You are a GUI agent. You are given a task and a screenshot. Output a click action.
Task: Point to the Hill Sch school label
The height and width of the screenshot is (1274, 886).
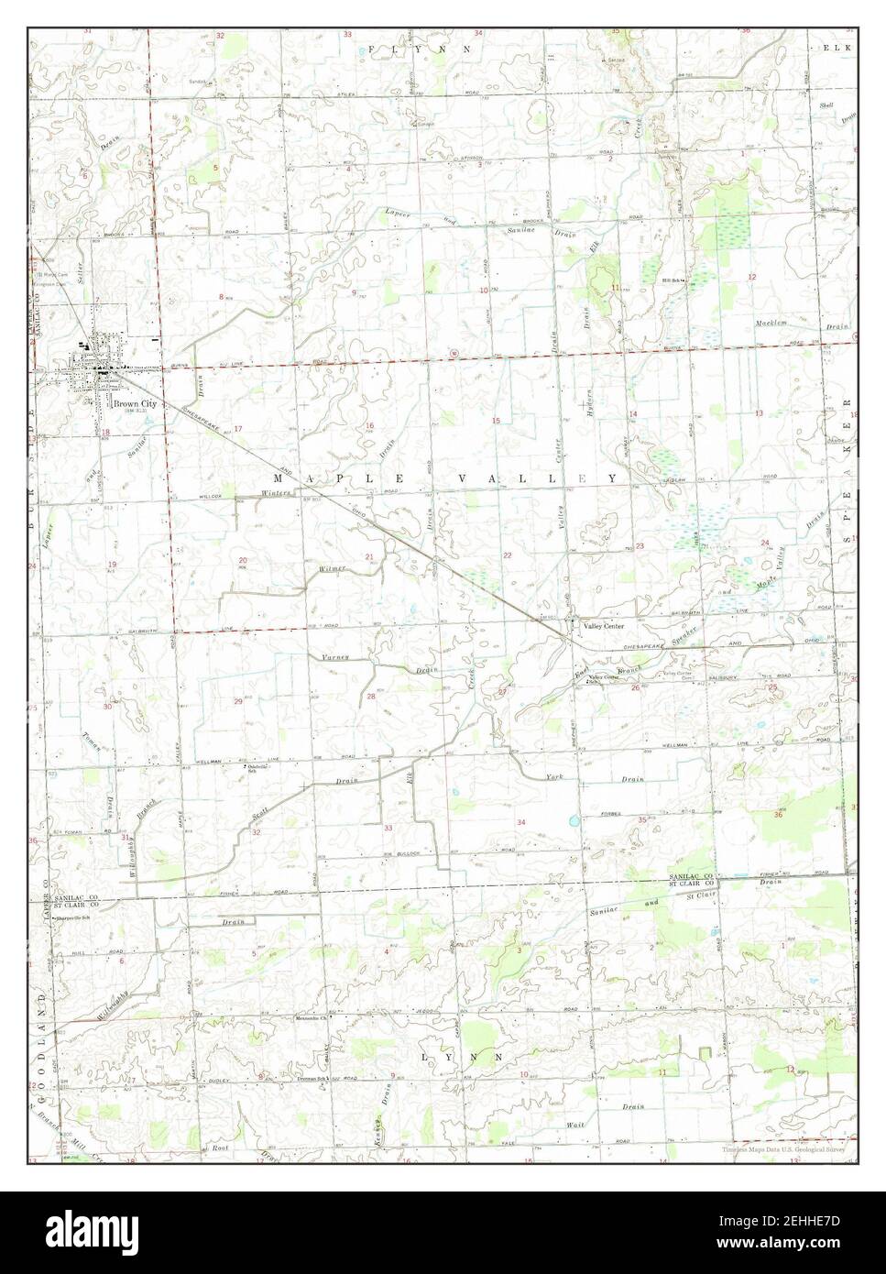[x=674, y=280]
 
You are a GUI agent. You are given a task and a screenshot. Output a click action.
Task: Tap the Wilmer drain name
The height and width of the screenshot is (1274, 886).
[x=332, y=569]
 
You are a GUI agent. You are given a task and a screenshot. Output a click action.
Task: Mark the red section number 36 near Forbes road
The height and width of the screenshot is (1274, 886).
[x=778, y=814]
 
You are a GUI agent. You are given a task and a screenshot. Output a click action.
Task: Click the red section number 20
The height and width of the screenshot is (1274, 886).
[x=243, y=560]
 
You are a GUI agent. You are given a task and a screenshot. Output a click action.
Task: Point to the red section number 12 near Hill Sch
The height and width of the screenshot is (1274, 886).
[x=751, y=276]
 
